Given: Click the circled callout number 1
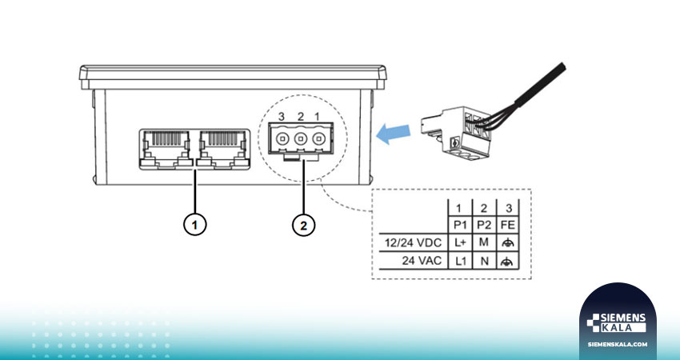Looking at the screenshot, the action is click(x=194, y=225).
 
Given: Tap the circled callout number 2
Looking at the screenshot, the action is click(x=303, y=225).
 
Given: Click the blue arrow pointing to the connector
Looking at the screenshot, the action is click(x=394, y=134).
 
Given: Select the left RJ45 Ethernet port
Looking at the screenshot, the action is click(x=166, y=149).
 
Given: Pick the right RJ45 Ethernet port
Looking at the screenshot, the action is click(x=223, y=149).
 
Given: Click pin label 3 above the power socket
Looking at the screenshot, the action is click(x=282, y=116).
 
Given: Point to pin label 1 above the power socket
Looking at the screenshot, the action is click(x=317, y=116).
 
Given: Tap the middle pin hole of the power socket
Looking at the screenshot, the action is click(x=301, y=138).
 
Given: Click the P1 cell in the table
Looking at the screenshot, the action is click(x=460, y=225).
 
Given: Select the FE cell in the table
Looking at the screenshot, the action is click(x=507, y=225).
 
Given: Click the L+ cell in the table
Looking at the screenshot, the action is click(x=460, y=242).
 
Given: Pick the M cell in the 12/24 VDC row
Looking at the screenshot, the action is click(x=483, y=242).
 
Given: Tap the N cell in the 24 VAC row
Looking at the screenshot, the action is click(x=483, y=261).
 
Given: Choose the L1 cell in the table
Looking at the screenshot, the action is click(x=460, y=261).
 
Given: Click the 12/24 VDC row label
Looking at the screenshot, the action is click(x=413, y=243).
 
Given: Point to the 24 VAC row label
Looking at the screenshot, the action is click(x=422, y=261).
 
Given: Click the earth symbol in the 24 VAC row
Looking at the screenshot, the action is click(x=507, y=261).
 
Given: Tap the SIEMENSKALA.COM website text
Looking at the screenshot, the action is click(x=617, y=344).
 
